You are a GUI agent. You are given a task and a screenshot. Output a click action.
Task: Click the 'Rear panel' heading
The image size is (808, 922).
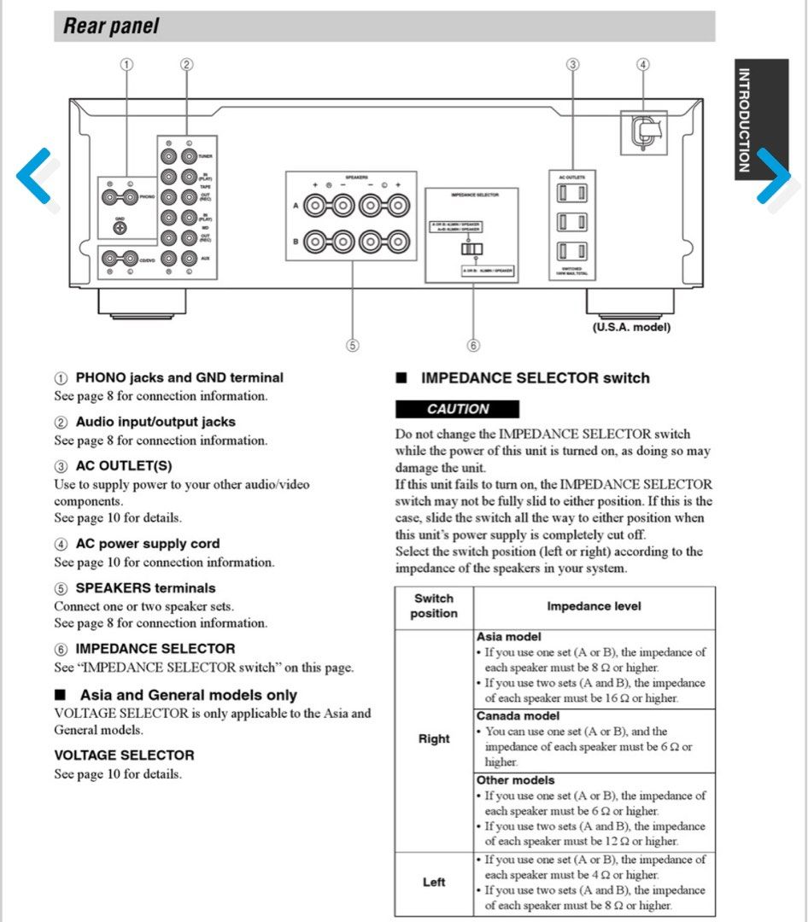click(111, 26)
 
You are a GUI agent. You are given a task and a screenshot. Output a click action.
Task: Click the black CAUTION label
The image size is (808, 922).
click(458, 409)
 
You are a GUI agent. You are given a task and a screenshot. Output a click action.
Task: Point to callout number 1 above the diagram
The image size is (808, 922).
click(127, 64)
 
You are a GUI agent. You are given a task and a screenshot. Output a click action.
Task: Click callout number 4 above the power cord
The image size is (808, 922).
click(643, 64)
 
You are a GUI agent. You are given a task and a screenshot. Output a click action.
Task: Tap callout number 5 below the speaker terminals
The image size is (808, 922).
click(352, 345)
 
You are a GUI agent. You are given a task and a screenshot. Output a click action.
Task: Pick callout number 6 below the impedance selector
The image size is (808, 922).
click(473, 345)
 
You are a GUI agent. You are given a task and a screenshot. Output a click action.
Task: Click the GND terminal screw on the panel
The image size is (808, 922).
click(120, 230)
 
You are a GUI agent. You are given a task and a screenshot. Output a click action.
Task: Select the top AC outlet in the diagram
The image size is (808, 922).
click(571, 195)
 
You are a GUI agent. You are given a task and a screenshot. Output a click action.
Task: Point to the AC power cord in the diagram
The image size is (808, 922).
click(641, 131)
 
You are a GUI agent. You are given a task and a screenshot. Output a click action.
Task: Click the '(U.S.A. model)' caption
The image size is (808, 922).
click(631, 327)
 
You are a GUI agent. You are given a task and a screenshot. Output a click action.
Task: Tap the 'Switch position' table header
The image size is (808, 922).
click(434, 606)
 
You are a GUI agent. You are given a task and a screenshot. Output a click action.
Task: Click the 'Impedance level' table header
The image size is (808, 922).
click(594, 606)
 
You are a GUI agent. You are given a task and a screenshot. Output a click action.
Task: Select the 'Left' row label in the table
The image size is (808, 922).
click(434, 882)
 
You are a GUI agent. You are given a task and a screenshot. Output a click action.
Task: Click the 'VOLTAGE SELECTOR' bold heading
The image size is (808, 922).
click(124, 755)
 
